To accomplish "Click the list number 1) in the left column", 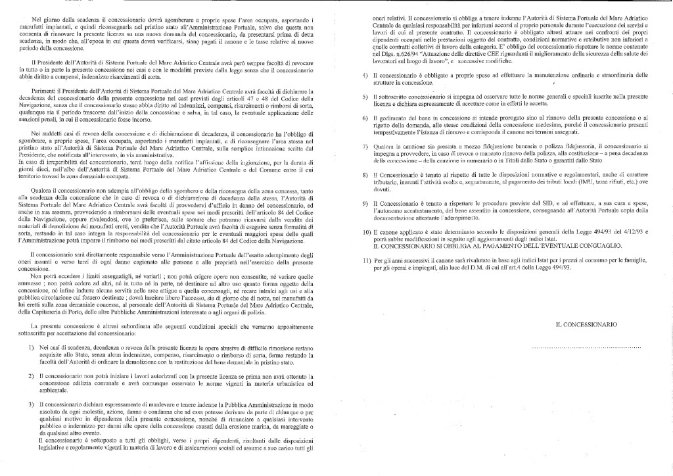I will click(x=32, y=346).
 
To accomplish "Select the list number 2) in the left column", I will click(x=32, y=375).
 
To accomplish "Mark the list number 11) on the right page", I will click(x=367, y=262).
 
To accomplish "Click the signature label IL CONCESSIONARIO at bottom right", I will click(x=586, y=325).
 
